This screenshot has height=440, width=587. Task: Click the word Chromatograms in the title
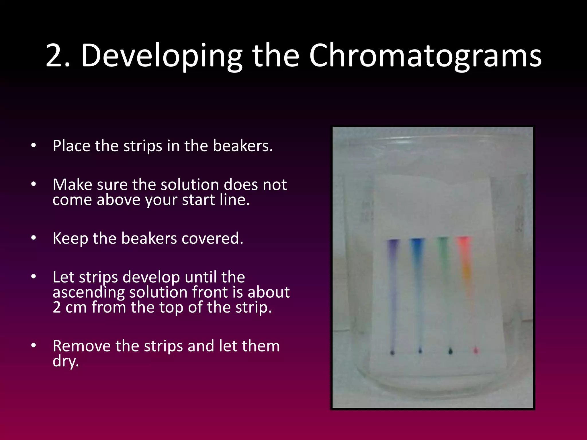[425, 56]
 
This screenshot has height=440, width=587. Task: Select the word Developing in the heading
[161, 56]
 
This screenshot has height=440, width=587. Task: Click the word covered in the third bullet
[212, 238]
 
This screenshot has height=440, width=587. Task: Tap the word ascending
[89, 292]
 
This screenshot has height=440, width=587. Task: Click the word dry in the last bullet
[65, 361]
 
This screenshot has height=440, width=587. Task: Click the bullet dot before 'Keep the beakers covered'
[34, 238]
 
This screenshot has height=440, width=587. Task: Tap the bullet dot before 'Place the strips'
[34, 146]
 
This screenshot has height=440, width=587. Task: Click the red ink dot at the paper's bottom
[476, 350]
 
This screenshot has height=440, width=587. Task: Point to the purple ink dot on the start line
[392, 352]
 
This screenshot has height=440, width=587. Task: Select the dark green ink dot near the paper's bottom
[450, 351]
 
